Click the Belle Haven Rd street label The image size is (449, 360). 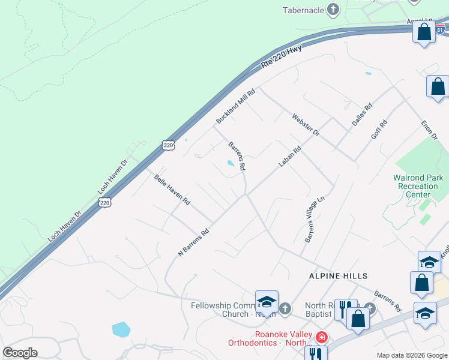pos(172,190)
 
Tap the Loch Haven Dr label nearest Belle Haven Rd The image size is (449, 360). pos(113,176)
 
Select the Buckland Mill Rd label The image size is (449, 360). pos(236,106)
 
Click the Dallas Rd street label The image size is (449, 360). pos(362,113)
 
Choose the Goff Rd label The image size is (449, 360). pos(379,130)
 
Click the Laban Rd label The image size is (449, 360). pos(289,157)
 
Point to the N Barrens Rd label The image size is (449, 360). pos(193,242)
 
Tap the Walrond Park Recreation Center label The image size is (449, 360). pos(418,186)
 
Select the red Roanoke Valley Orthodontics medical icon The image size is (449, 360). pos(322,338)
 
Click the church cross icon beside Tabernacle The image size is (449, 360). pos(333,10)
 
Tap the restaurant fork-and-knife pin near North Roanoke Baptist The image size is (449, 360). pos(344,309)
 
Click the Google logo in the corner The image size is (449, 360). pos(20,353)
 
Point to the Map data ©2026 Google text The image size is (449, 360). pos(412,355)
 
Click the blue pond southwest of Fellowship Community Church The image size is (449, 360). pos(121,329)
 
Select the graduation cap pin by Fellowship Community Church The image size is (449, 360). pos(266,302)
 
